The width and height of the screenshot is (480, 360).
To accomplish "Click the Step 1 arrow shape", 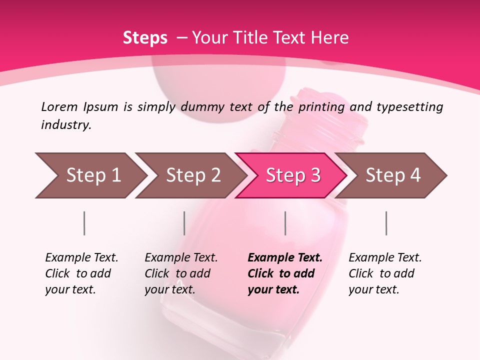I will click(90, 175).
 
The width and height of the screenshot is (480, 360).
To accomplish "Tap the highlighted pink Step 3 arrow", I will click(292, 175).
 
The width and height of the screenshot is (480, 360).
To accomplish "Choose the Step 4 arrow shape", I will click(392, 175).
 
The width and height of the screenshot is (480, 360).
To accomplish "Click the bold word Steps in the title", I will click(145, 37).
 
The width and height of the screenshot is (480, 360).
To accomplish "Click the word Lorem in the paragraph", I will click(59, 107).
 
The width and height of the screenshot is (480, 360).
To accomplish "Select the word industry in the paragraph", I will click(66, 125).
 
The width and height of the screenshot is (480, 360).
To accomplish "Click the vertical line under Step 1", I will click(84, 223).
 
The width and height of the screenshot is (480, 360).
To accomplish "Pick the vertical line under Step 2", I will click(184, 223).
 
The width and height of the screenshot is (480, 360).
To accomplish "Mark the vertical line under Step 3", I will click(285, 223).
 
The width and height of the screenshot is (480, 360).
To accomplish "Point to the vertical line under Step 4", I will click(386, 223).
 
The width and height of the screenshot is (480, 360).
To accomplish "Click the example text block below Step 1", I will click(81, 273).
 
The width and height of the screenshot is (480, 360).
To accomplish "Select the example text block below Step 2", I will click(181, 273).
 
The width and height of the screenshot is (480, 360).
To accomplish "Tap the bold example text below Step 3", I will click(285, 273).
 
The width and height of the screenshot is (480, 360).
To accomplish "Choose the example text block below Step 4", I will click(385, 273).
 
